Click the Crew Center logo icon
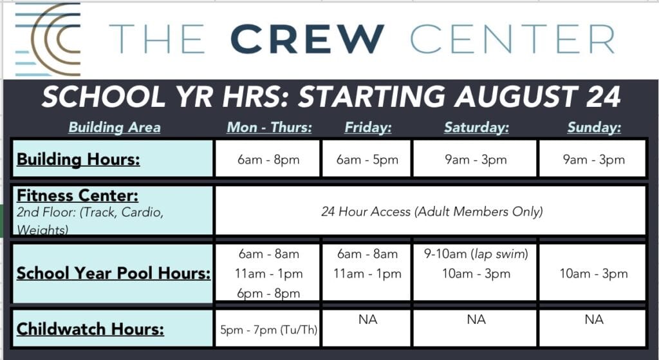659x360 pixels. (x=48, y=39)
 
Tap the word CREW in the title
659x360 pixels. (x=307, y=39)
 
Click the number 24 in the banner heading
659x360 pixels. (x=603, y=97)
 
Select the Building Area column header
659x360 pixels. (x=115, y=127)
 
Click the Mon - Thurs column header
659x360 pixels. (x=270, y=127)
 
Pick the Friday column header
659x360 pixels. (x=367, y=127)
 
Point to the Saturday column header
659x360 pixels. (x=476, y=127)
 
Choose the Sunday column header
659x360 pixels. (x=594, y=127)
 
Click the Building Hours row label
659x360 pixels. (x=78, y=160)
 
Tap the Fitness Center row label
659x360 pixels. (x=77, y=196)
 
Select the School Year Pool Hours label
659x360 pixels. (x=113, y=273)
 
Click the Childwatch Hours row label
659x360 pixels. (x=90, y=329)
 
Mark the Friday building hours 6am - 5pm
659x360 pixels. (x=367, y=160)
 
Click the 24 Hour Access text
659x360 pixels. (x=432, y=211)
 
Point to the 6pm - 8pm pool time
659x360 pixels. (x=268, y=293)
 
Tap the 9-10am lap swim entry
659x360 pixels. (x=476, y=254)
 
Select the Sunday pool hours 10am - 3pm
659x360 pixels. (x=593, y=274)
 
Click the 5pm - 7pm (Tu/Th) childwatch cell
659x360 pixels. (x=268, y=330)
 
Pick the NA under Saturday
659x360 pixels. (x=476, y=319)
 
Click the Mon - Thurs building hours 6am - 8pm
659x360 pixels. (x=268, y=160)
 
